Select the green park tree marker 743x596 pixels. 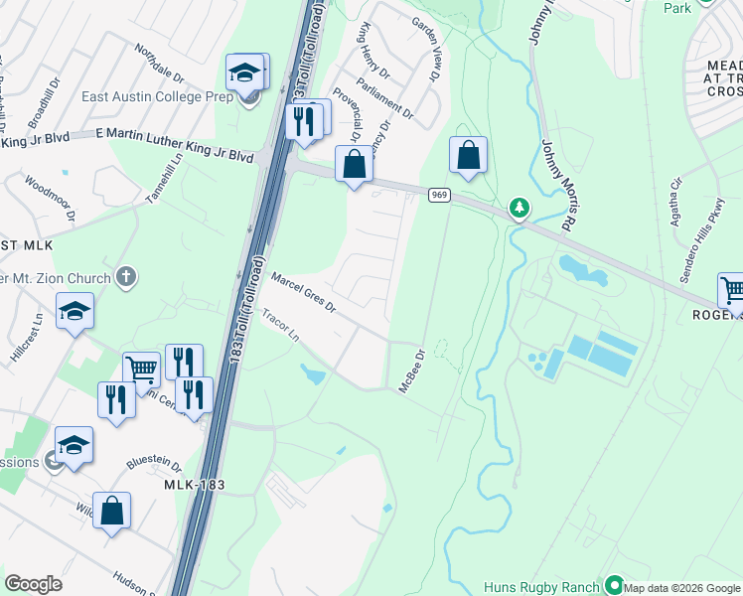click(x=518, y=208)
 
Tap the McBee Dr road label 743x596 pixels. click(x=412, y=370)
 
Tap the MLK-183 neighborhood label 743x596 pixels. click(x=192, y=485)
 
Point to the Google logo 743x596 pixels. click(x=33, y=584)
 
